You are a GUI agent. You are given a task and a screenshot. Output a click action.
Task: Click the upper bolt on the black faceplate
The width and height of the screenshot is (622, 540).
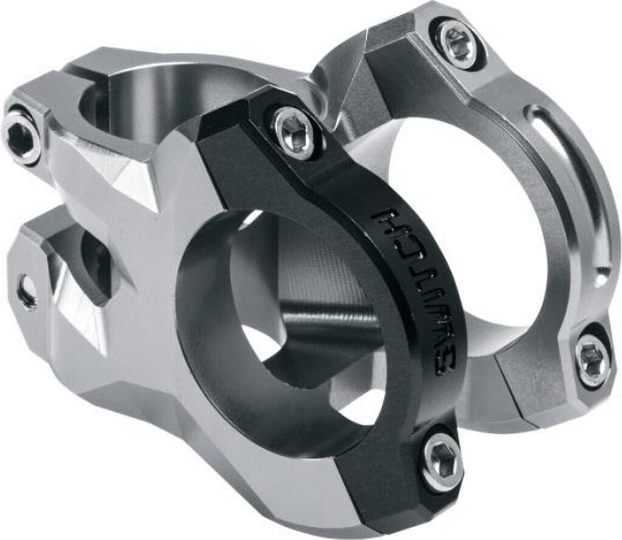[x=293, y=131]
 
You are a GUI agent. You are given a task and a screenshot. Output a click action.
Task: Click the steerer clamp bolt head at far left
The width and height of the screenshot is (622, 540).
[x=20, y=136]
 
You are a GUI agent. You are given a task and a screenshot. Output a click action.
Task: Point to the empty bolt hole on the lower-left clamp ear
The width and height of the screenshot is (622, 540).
[x=26, y=292]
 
